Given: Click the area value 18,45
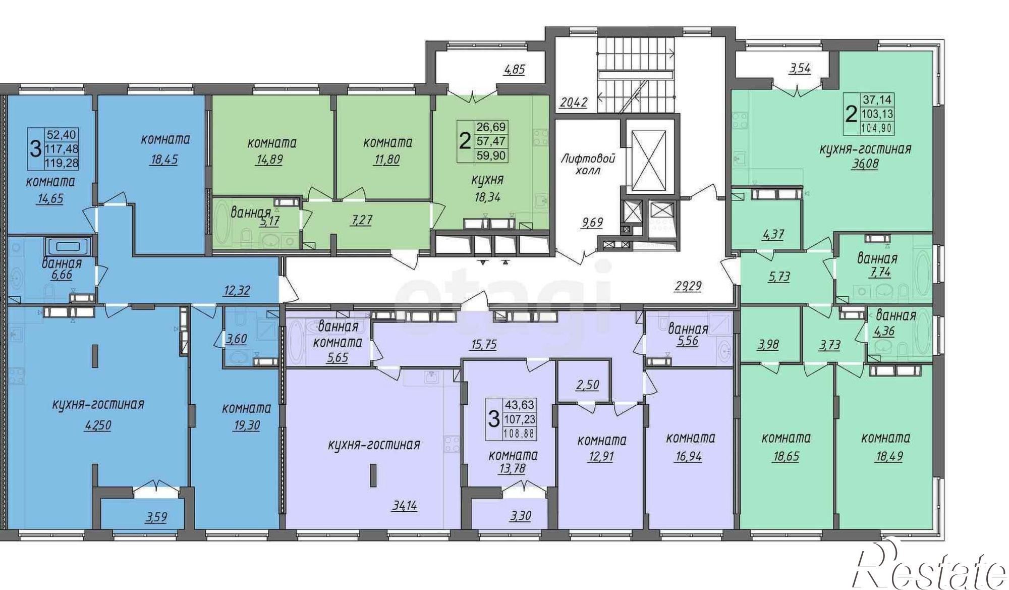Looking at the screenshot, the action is [x=164, y=160].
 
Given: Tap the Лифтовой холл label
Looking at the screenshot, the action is [x=588, y=165].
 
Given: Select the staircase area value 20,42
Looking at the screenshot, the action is [x=574, y=102].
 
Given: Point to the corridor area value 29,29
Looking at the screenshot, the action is [x=688, y=286].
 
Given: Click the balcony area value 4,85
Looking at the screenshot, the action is [x=515, y=69].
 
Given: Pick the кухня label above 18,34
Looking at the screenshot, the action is [x=487, y=180].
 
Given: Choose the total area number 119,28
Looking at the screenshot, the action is [x=62, y=163].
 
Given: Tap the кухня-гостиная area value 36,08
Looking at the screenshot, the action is [x=864, y=164].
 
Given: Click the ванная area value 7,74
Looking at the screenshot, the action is [x=877, y=272].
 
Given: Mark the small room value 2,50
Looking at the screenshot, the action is [x=588, y=385].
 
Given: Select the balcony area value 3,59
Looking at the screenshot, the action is [x=156, y=517].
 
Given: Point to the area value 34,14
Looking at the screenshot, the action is [x=404, y=505].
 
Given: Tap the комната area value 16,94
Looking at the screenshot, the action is [x=688, y=457].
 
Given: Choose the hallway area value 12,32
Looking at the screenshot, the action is [x=237, y=291].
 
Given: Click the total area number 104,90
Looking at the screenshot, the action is [x=877, y=128].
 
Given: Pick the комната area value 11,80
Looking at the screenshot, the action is [x=387, y=160].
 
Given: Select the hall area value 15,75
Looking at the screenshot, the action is [x=483, y=345].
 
